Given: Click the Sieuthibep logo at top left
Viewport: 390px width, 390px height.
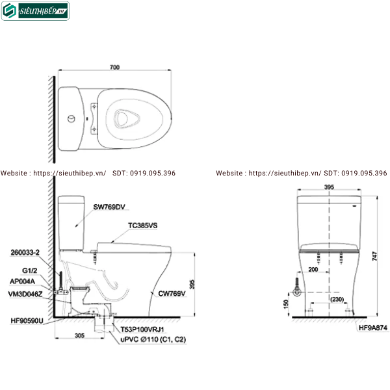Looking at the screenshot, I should [35, 10].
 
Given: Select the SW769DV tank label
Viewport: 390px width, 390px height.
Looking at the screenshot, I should [108, 206].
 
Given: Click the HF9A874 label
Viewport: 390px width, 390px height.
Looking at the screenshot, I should [372, 329].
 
